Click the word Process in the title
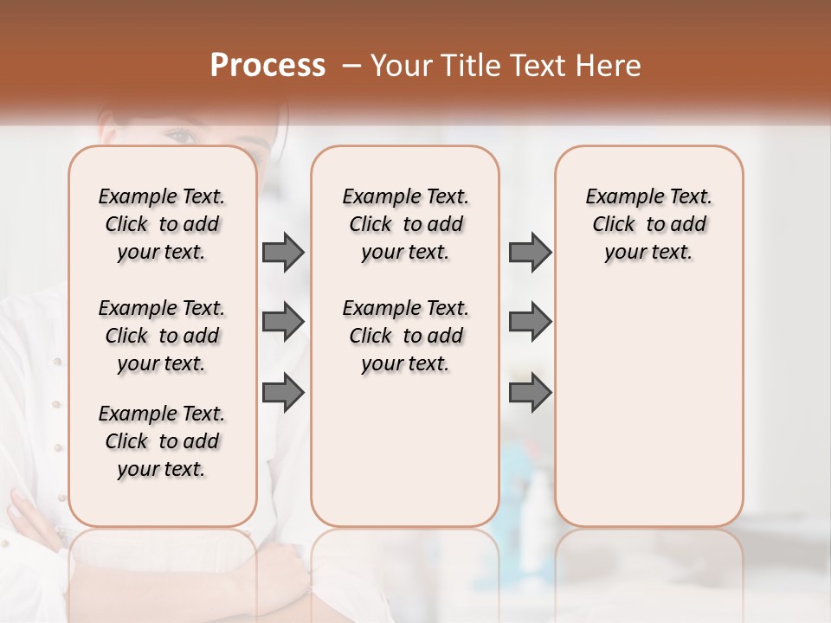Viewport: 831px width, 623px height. [267, 66]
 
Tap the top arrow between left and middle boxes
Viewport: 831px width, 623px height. [283, 252]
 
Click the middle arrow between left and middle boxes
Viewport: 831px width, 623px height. [283, 322]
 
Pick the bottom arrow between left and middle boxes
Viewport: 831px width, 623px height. [283, 393]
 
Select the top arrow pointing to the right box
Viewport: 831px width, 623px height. [530, 252]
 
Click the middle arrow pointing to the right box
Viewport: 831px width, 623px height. [530, 322]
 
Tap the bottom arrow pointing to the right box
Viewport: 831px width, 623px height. [530, 393]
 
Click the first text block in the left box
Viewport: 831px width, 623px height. [162, 224]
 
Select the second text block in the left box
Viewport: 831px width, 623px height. [162, 336]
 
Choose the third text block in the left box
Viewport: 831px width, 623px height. [162, 441]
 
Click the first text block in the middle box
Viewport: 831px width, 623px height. [405, 224]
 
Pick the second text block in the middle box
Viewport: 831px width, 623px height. [405, 336]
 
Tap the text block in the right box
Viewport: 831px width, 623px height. [648, 224]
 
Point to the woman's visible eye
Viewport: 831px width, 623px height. [179, 136]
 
